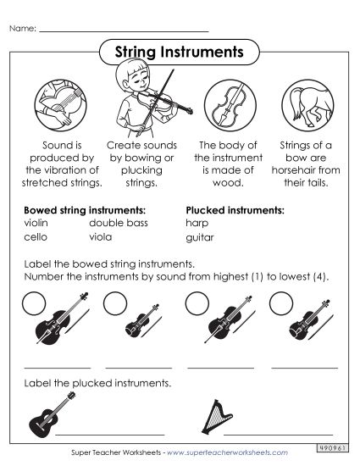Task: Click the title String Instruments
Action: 179,53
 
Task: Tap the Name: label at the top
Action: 22,28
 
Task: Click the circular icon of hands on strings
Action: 60,104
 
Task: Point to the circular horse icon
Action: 304,104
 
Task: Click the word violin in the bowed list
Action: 36,223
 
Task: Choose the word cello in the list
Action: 36,238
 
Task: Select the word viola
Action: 101,238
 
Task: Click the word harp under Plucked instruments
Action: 196,223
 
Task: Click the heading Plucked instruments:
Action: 235,208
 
